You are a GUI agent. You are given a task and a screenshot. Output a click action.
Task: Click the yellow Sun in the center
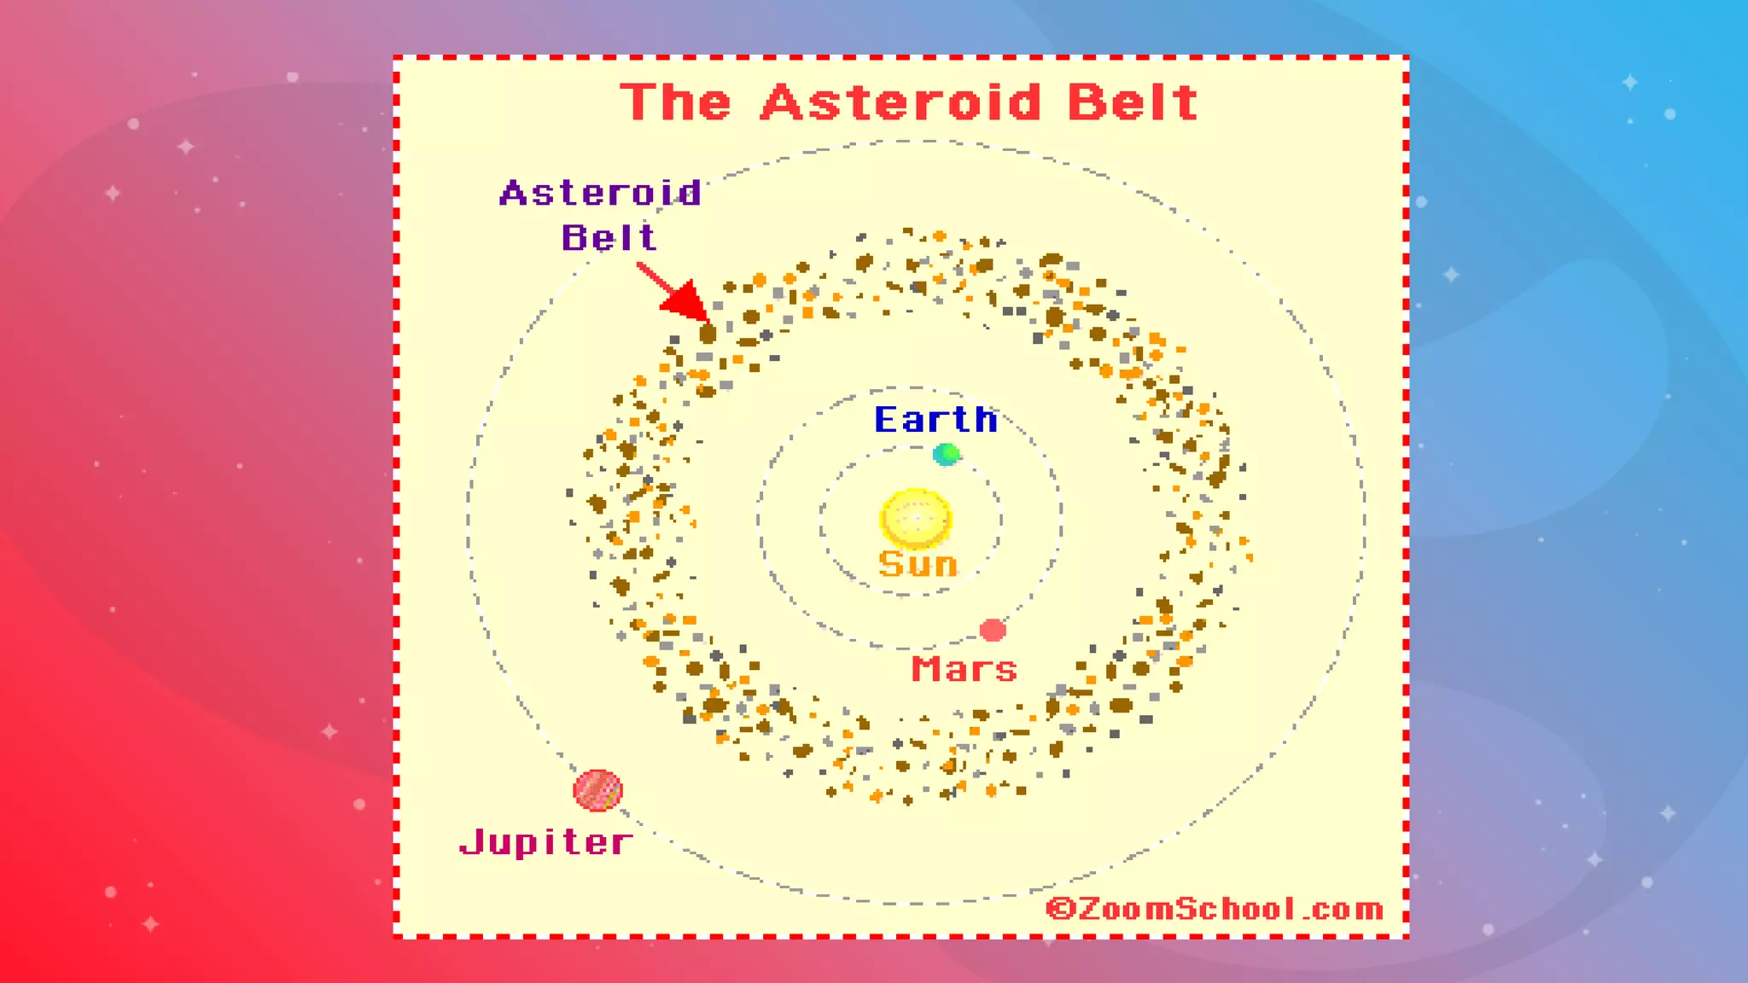pyautogui.click(x=915, y=518)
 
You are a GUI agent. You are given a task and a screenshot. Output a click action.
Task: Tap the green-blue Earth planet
pyautogui.click(x=946, y=454)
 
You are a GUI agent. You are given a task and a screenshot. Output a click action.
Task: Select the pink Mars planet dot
pyautogui.click(x=992, y=631)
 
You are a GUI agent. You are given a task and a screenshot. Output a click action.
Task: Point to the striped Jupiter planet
pyautogui.click(x=597, y=790)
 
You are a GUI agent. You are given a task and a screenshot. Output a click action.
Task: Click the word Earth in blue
pyautogui.click(x=935, y=420)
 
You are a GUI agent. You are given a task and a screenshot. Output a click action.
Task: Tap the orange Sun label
pyautogui.click(x=918, y=565)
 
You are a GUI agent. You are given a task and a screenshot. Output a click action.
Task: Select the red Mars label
pyautogui.click(x=964, y=670)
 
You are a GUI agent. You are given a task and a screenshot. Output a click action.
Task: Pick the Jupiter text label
pyautogui.click(x=546, y=842)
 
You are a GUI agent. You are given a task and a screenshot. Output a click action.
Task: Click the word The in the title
pyautogui.click(x=675, y=103)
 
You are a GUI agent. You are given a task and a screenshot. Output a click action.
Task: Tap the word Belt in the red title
pyautogui.click(x=1133, y=103)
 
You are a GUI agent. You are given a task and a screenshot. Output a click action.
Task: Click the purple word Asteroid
pyautogui.click(x=601, y=193)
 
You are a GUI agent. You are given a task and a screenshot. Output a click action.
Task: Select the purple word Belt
pyautogui.click(x=609, y=237)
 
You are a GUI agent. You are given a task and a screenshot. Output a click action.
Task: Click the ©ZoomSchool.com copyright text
pyautogui.click(x=1215, y=909)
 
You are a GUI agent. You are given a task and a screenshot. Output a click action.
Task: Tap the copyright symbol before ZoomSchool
pyautogui.click(x=1060, y=909)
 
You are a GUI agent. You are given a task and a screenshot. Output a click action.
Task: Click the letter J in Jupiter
pyautogui.click(x=471, y=842)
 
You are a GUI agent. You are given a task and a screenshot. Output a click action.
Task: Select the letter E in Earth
pyautogui.click(x=887, y=420)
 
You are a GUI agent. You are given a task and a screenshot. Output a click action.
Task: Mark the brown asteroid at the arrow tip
pyautogui.click(x=708, y=333)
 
